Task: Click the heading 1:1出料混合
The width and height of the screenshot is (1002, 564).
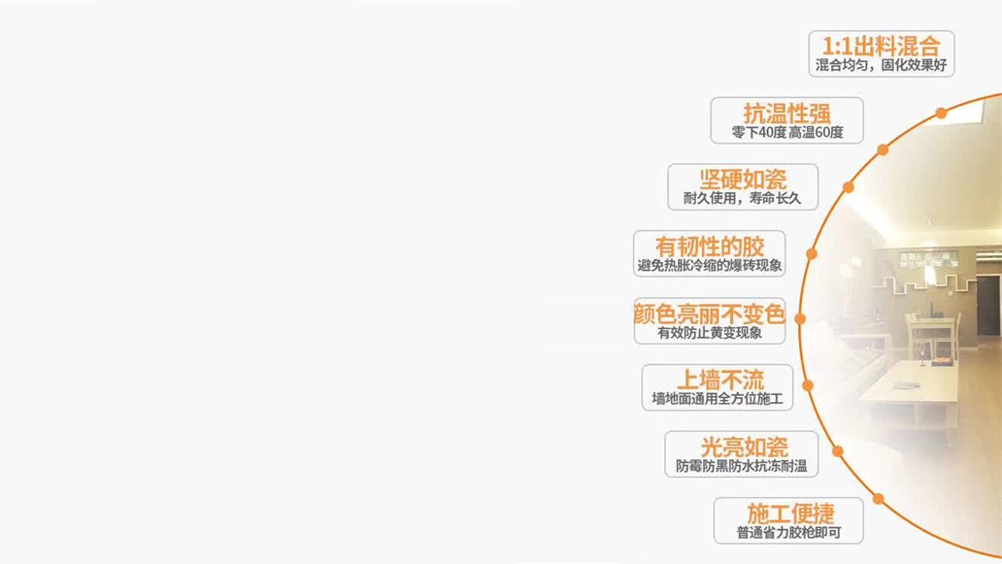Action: point(881,46)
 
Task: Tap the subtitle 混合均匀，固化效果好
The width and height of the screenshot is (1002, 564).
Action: point(881,65)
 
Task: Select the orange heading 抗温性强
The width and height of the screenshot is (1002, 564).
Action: point(786,114)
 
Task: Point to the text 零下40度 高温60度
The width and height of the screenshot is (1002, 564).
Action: point(787,132)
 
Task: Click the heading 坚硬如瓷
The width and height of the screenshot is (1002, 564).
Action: point(743,180)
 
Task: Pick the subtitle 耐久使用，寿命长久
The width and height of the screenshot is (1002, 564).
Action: point(742,199)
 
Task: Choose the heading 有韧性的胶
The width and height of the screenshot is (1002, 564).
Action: point(710,247)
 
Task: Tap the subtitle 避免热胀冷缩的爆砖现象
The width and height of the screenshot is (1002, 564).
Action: point(710,266)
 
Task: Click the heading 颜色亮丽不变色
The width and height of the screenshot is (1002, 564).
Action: point(710,314)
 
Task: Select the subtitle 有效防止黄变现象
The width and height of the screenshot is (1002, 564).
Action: point(710,333)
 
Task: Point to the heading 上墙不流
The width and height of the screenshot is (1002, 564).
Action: point(720,381)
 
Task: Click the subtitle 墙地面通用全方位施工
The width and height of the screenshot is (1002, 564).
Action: point(717,399)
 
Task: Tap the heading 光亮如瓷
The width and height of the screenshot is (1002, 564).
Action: point(744,448)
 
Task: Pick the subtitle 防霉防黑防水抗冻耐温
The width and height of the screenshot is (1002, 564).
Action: point(741,466)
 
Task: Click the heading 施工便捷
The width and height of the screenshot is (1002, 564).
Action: point(790,514)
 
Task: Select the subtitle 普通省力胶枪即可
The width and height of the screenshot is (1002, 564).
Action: point(788,533)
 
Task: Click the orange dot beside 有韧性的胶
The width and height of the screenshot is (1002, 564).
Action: point(812,253)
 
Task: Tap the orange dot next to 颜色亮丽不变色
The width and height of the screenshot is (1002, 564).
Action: point(800,318)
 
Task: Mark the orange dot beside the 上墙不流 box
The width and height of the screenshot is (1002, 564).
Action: point(808,385)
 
